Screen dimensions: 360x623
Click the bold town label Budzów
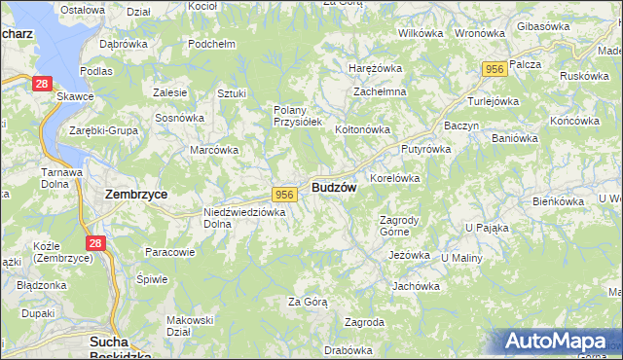pyautogui.click(x=334, y=187)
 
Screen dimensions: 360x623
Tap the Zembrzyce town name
pyautogui.click(x=135, y=194)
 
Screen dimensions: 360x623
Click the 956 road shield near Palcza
pyautogui.click(x=495, y=68)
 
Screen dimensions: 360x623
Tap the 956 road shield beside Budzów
pyautogui.click(x=284, y=195)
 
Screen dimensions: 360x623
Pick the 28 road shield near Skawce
pyautogui.click(x=41, y=85)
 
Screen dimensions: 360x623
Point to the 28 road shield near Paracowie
pyautogui.click(x=94, y=243)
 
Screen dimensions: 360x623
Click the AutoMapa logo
pyautogui.click(x=559, y=342)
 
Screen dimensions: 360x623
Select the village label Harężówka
pyautogui.click(x=376, y=68)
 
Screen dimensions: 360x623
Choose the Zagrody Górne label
pyautogui.click(x=397, y=226)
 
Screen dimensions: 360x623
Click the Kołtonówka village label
pyautogui.click(x=362, y=128)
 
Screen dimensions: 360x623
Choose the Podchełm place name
pyautogui.click(x=212, y=44)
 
